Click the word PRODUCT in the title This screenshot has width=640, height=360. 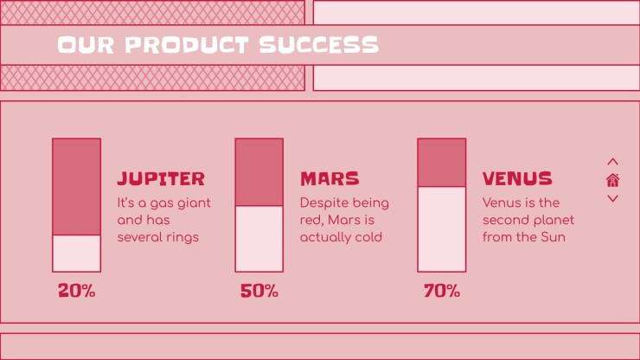187,45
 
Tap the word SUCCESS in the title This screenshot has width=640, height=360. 319,45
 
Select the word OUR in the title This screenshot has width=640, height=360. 86,45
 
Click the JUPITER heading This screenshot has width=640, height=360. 161,178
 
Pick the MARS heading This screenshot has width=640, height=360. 330,178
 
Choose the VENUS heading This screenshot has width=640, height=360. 517,178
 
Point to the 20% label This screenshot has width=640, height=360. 76,291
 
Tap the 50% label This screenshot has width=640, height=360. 259,291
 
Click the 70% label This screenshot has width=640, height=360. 442,291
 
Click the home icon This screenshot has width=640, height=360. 612,180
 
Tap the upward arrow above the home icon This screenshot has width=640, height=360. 612,162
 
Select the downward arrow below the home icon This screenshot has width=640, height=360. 612,198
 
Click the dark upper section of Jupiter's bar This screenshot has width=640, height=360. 76,187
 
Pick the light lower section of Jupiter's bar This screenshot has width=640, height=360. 76,254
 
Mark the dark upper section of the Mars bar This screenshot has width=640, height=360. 259,172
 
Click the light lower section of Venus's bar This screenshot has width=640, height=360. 442,229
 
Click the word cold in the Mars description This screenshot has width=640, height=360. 368,237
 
